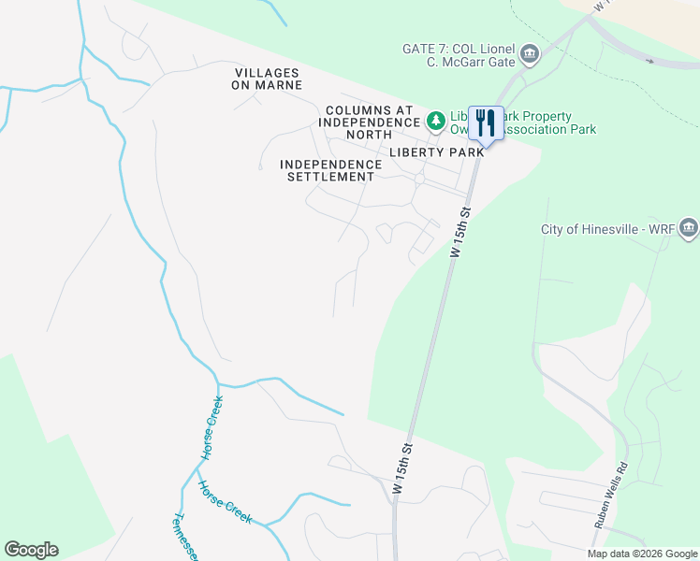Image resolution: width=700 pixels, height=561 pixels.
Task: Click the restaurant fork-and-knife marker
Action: pos(485,122)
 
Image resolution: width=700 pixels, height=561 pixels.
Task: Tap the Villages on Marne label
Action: pos(268,79)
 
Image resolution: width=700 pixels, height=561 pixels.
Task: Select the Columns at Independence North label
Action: pos(369,122)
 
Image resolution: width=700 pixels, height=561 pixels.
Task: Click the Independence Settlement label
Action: pos(331,170)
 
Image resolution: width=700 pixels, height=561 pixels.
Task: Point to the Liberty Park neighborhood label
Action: pos(438,151)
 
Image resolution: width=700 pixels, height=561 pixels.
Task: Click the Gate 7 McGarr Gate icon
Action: pos(530,53)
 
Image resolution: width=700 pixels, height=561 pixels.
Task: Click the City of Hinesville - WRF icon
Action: pos(689,227)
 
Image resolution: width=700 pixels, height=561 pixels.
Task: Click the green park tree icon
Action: pos(435,120)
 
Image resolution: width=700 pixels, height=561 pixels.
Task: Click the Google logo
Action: pos(31,550)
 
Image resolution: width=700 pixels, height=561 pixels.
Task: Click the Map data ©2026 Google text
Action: pos(641,554)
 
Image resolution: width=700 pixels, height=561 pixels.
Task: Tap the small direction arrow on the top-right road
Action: pos(649,62)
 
